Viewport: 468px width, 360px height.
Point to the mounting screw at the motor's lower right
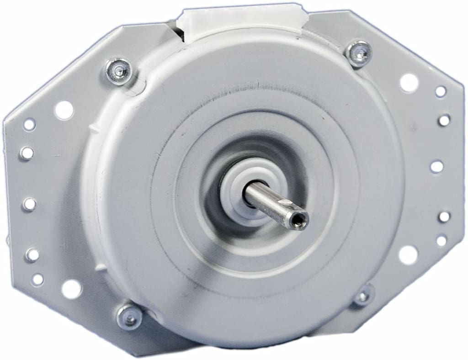[363, 296]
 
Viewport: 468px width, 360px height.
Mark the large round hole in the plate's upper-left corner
[64, 110]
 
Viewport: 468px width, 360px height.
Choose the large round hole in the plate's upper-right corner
[409, 82]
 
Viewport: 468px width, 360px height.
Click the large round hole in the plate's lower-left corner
[71, 288]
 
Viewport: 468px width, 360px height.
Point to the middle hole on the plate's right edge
[436, 166]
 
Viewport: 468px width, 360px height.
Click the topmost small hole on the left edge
[29, 124]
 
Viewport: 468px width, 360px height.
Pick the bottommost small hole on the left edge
[37, 279]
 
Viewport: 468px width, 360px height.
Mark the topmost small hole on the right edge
[441, 91]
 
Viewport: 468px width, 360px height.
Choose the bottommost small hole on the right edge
[441, 240]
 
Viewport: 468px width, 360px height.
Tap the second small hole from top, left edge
[27, 153]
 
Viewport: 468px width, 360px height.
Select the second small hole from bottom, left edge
[32, 254]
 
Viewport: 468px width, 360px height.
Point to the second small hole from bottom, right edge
[444, 216]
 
